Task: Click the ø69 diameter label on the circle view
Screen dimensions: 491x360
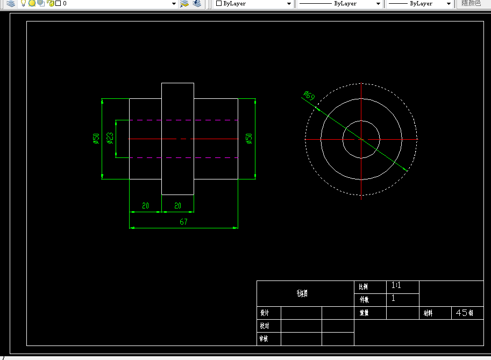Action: (309, 96)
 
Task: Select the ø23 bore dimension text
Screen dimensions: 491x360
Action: (110, 138)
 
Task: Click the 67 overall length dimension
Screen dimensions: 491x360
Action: (183, 222)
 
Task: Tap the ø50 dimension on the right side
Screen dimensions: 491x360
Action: (248, 138)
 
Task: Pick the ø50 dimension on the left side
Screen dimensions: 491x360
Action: (96, 138)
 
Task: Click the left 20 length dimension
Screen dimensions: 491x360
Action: (145, 206)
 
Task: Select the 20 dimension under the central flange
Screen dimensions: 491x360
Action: (177, 206)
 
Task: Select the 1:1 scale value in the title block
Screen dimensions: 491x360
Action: (396, 286)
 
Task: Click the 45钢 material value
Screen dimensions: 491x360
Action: (464, 313)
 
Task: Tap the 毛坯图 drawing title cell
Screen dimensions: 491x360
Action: (302, 293)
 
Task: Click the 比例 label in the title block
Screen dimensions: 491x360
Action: (364, 287)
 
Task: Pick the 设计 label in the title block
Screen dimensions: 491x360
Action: (264, 313)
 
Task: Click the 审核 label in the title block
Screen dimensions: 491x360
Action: (264, 339)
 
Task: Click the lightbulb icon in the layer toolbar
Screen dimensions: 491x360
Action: (23, 3)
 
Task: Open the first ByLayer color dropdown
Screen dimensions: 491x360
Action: (253, 3)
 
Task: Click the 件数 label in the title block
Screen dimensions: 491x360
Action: (364, 300)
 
